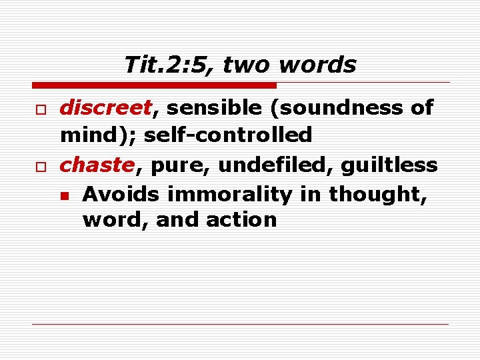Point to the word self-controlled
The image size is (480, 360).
(228, 135)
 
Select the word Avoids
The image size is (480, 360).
(121, 194)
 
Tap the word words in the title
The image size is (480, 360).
(318, 65)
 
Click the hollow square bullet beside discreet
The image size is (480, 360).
(41, 108)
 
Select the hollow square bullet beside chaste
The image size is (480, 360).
(41, 165)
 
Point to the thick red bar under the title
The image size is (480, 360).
(153, 85)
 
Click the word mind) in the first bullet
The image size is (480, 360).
(98, 135)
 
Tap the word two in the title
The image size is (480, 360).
(247, 65)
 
